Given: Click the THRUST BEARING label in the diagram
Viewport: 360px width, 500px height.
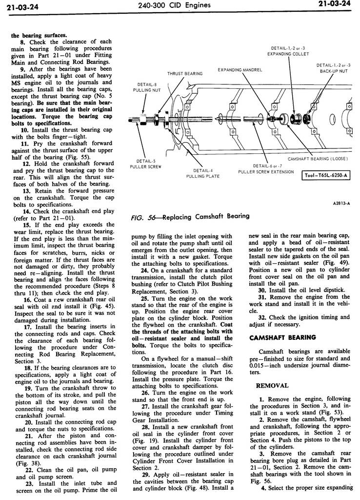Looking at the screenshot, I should click(x=185, y=74).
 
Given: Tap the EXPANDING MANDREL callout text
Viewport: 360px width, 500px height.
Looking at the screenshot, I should click(x=240, y=70).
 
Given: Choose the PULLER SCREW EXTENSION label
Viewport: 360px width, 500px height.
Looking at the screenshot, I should click(x=266, y=168).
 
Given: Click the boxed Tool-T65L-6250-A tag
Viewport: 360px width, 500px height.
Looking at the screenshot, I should click(x=327, y=176).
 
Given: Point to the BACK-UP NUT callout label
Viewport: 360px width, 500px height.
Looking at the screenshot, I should click(x=334, y=68).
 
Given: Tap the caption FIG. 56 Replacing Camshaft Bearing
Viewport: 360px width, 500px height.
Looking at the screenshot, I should click(x=191, y=216).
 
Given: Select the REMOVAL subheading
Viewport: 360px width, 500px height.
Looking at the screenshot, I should click(x=272, y=385).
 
